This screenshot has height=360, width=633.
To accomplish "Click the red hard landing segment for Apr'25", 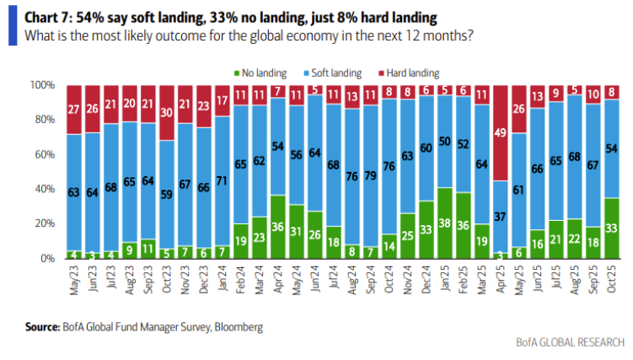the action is click(x=500, y=132).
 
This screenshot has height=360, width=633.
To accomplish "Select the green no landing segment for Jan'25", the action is click(x=444, y=223).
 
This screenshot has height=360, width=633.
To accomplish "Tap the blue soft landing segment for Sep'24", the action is click(x=370, y=175).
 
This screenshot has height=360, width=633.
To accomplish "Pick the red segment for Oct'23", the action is click(x=166, y=113).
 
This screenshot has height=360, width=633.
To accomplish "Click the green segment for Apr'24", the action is click(x=278, y=227).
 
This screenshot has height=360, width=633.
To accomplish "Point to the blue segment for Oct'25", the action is click(x=612, y=148).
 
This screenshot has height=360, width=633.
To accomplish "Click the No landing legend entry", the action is click(x=260, y=73).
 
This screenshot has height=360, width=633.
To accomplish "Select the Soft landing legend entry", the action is click(x=333, y=73).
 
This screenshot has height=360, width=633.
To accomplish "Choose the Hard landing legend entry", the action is click(x=409, y=73).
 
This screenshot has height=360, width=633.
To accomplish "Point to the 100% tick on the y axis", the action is click(x=42, y=85).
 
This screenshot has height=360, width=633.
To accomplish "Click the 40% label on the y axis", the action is click(x=45, y=189).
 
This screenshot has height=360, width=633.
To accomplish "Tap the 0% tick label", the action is click(x=48, y=258).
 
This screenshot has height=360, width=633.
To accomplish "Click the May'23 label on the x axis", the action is click(x=74, y=280).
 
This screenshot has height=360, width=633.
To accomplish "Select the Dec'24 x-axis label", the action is click(x=426, y=279).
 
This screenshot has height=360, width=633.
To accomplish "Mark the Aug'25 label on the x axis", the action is click(x=575, y=280).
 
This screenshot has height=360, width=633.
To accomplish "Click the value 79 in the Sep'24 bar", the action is click(x=370, y=176).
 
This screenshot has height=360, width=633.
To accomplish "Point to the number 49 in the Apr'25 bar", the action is click(x=500, y=132).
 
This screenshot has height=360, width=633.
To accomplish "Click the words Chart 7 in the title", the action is click(x=48, y=18).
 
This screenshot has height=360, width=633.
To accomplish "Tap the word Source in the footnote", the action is click(x=42, y=326).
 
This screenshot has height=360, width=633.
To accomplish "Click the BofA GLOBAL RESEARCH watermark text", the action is click(x=570, y=342).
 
